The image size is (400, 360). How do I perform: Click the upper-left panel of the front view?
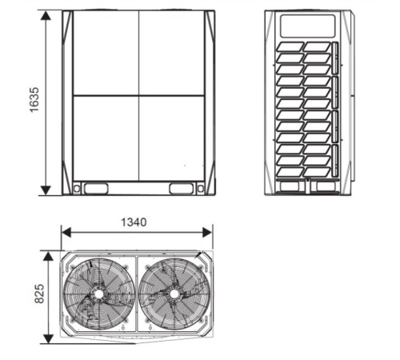pos(106,53)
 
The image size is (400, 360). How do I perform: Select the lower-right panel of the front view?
pos(172,138)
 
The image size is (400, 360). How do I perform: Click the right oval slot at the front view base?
pos(182,189)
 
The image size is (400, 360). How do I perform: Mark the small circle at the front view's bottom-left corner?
pos(77,190)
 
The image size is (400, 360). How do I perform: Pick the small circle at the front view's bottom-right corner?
pos(200,190)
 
